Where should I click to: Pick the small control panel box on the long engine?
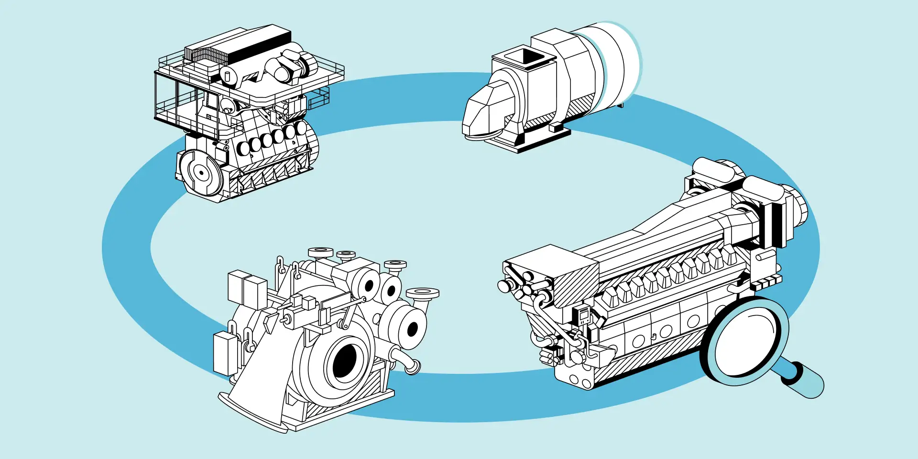584,316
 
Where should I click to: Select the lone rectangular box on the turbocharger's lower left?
225,354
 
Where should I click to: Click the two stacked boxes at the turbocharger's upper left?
247,290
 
